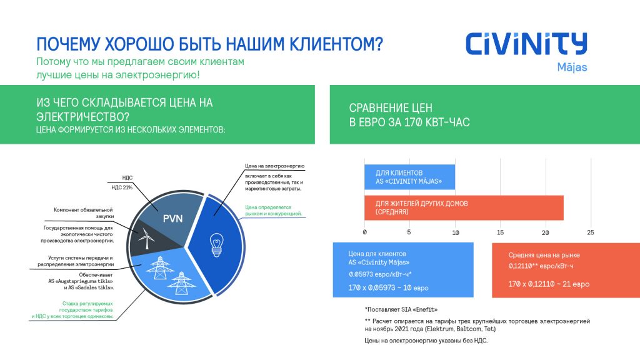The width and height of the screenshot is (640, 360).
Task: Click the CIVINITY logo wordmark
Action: [526, 44]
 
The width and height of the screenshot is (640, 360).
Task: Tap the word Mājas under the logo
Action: [572, 67]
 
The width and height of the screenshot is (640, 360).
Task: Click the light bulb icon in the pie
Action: [216, 245]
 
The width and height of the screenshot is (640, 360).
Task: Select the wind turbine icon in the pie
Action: [146, 238]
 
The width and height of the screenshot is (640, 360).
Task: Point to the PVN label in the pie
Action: [172, 219]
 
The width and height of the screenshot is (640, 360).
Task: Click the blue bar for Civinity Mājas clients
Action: [410, 177]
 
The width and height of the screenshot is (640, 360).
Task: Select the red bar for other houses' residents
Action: [464, 207]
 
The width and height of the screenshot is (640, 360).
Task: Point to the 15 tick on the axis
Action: [500, 232]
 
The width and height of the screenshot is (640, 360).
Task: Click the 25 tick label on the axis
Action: [590, 232]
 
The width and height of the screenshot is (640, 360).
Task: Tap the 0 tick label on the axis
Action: [364, 232]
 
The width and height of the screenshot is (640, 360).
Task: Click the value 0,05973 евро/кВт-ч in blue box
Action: [380, 274]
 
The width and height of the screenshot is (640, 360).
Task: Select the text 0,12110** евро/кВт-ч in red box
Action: [541, 266]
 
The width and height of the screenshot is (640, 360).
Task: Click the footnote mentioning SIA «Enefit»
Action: [401, 309]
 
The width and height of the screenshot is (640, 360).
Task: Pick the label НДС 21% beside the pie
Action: [122, 187]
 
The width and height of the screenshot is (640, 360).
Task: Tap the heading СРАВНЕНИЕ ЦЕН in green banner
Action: [391, 108]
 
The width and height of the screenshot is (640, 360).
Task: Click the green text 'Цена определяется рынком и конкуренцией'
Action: [274, 210]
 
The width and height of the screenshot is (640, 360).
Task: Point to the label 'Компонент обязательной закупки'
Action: [83, 213]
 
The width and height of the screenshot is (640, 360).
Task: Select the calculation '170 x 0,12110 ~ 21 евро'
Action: [549, 284]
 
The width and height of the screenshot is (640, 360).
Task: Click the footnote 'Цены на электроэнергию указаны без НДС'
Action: [426, 341]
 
